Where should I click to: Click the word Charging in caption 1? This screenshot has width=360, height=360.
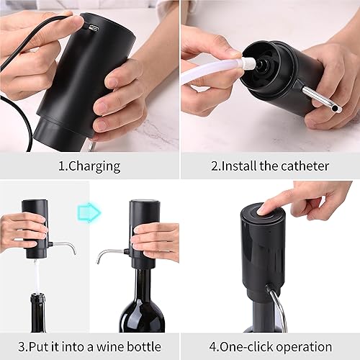pos(98,166)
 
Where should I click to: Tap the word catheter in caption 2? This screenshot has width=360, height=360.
pos(301,166)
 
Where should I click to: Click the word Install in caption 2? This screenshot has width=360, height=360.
pos(245,166)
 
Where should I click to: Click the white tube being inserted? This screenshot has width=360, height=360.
pos(209,71)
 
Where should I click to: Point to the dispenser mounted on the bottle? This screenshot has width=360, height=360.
pos(143,230)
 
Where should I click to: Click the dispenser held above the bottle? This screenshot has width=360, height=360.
pos(35,227)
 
